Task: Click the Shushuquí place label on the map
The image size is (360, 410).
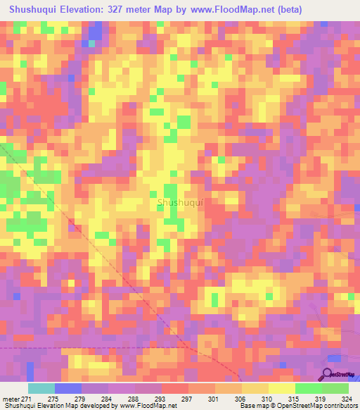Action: (181, 203)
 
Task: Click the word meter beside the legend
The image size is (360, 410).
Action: (11, 399)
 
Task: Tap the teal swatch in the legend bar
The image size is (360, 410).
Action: (41, 388)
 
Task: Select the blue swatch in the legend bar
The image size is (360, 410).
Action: (67, 388)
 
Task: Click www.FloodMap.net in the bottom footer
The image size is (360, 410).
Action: (147, 406)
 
